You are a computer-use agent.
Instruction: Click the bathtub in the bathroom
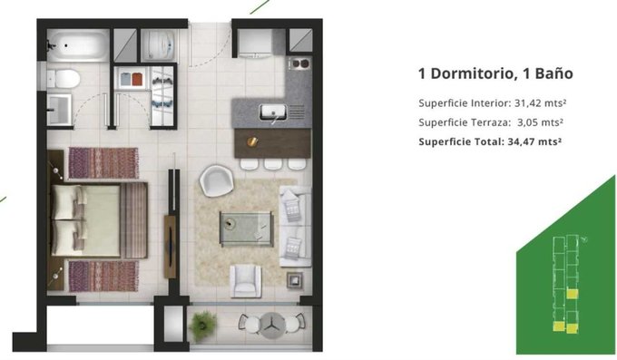(78, 45)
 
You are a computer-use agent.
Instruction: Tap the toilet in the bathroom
(64, 79)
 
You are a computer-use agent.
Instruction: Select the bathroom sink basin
(59, 110)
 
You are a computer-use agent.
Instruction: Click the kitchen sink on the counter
(273, 112)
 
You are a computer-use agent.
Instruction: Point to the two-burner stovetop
(299, 63)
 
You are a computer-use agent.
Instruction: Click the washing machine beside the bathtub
(159, 45)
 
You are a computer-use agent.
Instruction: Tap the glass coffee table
(246, 229)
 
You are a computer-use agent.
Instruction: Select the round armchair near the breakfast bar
(217, 180)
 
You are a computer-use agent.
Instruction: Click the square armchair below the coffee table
(246, 280)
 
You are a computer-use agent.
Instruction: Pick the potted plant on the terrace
(203, 326)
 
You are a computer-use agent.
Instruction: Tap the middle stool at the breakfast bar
(272, 164)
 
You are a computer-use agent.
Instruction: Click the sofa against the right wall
(295, 226)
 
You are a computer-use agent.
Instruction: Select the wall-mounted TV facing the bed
(171, 247)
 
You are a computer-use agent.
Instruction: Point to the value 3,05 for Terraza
(526, 122)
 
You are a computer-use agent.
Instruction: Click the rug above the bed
(103, 163)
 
